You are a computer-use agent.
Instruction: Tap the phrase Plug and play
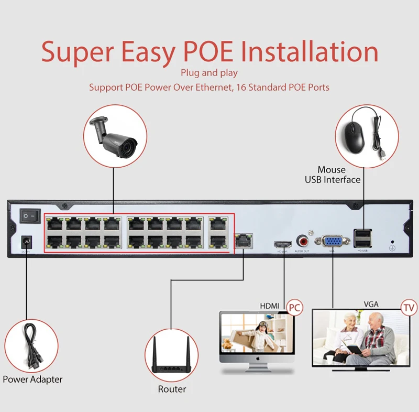point(209,73)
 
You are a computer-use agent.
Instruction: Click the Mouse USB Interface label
point(333,175)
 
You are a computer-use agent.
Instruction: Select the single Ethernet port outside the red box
point(244,240)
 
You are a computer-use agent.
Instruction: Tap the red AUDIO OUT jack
point(303,241)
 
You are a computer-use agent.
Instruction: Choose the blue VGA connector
point(332,242)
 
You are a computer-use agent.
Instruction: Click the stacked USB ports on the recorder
point(362,238)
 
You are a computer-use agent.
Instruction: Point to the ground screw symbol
point(393,246)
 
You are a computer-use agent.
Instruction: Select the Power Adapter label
point(32,379)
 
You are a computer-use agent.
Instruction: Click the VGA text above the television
point(371,304)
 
